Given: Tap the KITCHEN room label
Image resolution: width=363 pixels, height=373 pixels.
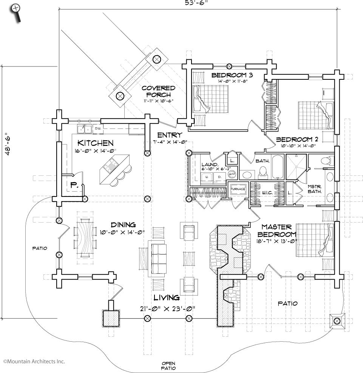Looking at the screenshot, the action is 96,143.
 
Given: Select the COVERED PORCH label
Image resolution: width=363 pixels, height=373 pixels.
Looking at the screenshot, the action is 159,91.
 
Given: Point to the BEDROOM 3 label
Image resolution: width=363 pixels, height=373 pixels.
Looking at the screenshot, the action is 232,75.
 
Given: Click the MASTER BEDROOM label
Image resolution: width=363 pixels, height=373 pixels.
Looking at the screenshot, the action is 277,231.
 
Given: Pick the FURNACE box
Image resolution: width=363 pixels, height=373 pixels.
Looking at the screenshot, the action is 238,189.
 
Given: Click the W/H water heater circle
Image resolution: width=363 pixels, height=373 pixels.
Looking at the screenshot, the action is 232,174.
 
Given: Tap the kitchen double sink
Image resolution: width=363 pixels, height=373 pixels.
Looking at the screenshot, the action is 85,129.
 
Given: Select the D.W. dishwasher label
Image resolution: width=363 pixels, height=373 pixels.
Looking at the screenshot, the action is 98,128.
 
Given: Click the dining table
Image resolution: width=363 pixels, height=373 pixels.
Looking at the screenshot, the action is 85,238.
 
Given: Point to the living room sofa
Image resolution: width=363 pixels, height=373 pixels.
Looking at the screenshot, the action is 157,258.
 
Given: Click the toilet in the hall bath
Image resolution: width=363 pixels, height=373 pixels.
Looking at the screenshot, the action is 263,173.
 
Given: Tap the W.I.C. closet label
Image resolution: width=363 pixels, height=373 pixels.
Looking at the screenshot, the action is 267,193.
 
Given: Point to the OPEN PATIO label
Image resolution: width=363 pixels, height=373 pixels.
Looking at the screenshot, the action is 168,366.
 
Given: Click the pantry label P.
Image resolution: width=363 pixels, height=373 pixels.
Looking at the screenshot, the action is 74,185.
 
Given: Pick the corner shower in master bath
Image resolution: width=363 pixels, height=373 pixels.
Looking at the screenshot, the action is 296,167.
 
